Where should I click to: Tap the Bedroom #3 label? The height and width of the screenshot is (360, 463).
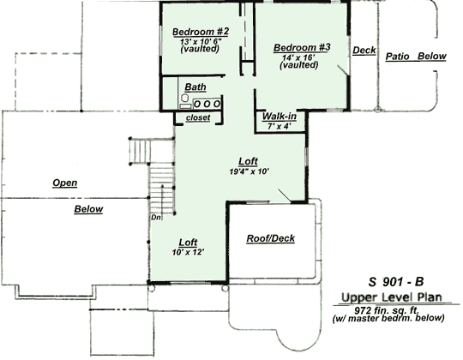[301, 48]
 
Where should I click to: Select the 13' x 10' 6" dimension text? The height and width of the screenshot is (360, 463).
[201, 41]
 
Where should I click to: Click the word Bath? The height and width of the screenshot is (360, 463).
[195, 87]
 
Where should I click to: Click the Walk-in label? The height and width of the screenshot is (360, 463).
[280, 116]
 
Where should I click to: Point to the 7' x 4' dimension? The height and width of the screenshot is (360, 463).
[279, 126]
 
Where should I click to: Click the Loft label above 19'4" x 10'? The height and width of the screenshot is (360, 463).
[249, 161]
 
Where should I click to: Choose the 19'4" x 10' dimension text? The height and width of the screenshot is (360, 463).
[249, 171]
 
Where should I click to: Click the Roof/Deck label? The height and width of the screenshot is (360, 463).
[270, 237]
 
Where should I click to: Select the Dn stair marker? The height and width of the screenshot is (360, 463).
[155, 217]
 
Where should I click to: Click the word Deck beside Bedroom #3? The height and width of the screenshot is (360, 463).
[364, 51]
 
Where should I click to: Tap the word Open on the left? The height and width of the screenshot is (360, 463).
[66, 183]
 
